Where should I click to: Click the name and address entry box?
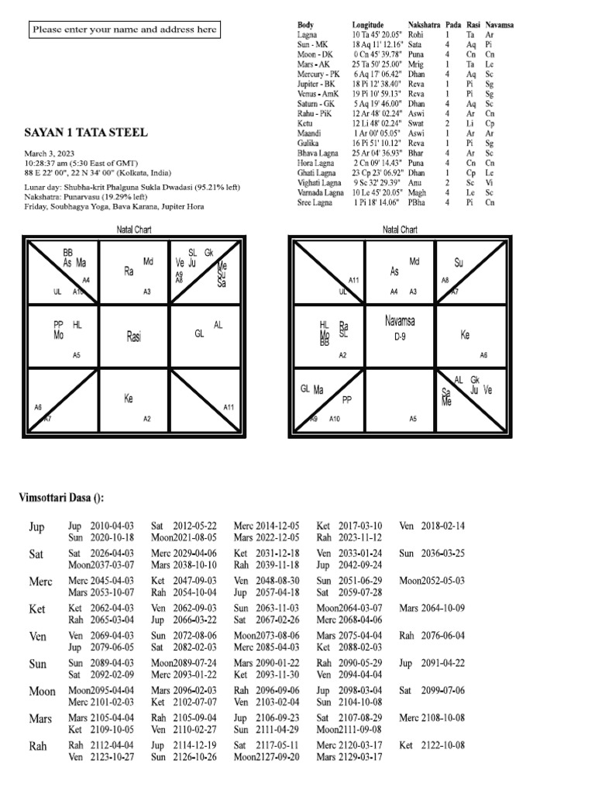click(x=124, y=30)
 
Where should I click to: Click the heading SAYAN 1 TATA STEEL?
click(x=85, y=133)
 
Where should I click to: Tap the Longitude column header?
click(x=367, y=25)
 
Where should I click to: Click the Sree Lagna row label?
click(x=315, y=202)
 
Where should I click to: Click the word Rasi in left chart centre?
click(x=135, y=337)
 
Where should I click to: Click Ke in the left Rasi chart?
click(x=129, y=399)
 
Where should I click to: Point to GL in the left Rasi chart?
click(x=198, y=334)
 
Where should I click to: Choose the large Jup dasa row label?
click(x=36, y=527)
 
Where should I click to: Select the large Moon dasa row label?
click(x=42, y=691)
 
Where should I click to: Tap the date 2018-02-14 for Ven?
click(x=443, y=526)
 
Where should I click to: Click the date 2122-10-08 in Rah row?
click(x=443, y=744)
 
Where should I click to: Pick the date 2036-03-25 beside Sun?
click(x=443, y=554)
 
